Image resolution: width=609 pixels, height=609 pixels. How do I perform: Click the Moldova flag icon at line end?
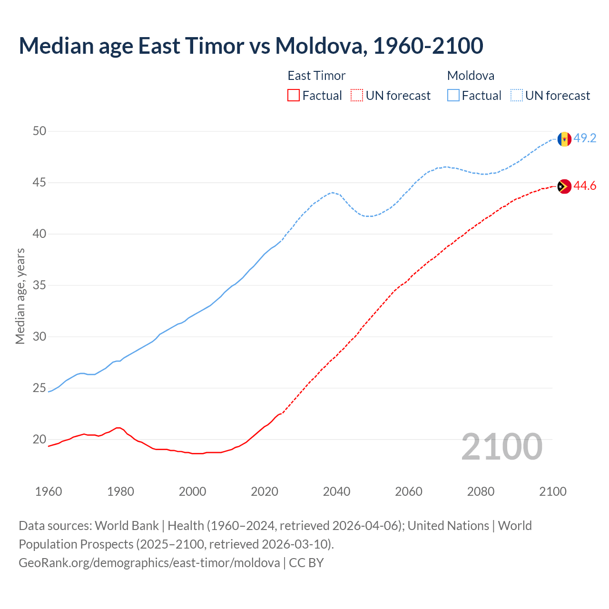tap(564, 139)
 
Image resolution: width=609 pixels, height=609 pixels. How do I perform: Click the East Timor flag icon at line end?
tap(564, 187)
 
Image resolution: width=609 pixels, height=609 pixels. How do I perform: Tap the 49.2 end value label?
tap(585, 138)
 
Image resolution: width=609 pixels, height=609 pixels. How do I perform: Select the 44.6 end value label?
tap(585, 186)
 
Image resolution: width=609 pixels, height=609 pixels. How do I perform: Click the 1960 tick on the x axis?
tap(49, 491)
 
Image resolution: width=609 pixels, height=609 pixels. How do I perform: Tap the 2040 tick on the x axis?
tap(336, 491)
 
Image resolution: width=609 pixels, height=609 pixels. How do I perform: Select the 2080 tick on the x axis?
tap(481, 491)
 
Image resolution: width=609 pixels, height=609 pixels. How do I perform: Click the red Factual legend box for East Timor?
tap(294, 96)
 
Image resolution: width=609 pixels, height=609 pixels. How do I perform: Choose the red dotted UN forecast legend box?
tap(357, 96)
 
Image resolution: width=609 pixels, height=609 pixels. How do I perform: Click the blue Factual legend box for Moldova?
tap(453, 96)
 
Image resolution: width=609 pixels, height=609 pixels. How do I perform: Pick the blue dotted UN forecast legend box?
tap(517, 96)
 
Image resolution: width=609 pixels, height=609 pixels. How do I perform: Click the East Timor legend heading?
tap(316, 76)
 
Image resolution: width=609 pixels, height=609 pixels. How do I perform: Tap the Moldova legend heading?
tap(471, 76)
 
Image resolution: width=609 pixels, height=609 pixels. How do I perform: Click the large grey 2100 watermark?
tap(501, 446)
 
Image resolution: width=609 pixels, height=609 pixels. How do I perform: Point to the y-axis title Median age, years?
tap(20, 296)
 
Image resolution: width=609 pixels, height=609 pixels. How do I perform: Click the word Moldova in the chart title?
tap(320, 46)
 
